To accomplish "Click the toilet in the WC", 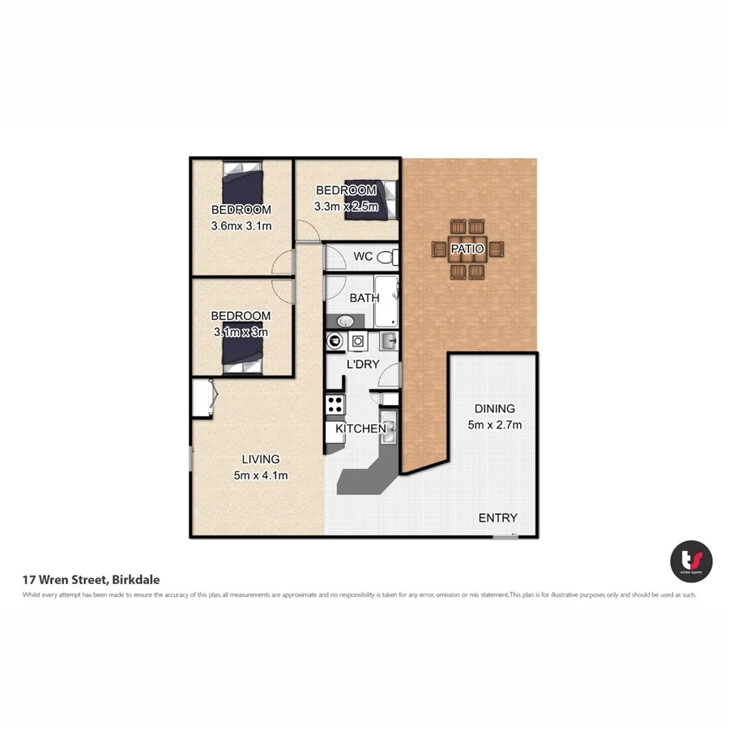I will click(x=386, y=258).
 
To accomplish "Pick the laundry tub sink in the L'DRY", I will click(x=387, y=340).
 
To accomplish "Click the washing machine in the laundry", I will click(x=357, y=342).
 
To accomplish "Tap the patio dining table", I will click(x=467, y=249).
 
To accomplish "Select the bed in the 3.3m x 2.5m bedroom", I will click(x=369, y=197).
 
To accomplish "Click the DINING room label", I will click(x=494, y=409).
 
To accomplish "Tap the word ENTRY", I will click(x=497, y=518).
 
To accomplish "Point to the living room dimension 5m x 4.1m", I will click(x=260, y=475).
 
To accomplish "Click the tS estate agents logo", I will click(x=691, y=560).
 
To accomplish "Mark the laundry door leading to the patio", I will click(x=390, y=377).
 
